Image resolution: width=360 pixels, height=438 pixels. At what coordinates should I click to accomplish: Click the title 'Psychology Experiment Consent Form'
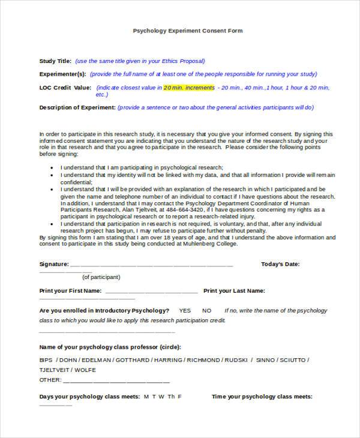click(x=187, y=30)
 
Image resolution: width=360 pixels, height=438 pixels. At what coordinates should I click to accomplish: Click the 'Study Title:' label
click(x=55, y=61)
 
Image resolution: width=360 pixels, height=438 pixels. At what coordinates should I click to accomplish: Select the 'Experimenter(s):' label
click(x=62, y=74)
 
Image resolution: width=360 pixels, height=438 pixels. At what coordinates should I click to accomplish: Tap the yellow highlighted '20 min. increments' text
click(x=188, y=88)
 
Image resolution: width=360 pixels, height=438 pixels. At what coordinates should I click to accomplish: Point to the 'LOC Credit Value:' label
click(x=65, y=88)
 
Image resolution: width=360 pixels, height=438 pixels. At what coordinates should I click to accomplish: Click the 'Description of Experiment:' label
click(x=77, y=107)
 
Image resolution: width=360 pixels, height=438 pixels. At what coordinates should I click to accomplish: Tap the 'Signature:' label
click(x=54, y=264)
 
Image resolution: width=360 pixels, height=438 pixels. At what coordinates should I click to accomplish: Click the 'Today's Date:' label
click(x=280, y=264)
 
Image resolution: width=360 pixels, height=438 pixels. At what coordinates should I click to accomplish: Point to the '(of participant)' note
click(x=101, y=277)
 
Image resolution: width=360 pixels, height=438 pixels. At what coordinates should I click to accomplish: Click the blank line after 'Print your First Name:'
click(x=151, y=291)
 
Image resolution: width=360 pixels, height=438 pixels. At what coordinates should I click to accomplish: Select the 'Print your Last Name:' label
click(x=234, y=291)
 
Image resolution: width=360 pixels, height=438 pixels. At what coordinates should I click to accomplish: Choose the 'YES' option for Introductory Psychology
click(x=185, y=311)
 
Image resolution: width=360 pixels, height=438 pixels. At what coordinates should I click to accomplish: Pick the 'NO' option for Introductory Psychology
click(x=207, y=311)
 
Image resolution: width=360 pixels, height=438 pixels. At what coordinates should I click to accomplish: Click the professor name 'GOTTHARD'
click(x=132, y=360)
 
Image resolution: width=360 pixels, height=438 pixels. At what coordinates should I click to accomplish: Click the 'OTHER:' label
click(x=50, y=380)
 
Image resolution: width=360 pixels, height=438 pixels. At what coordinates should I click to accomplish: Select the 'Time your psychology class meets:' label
click(x=262, y=397)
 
